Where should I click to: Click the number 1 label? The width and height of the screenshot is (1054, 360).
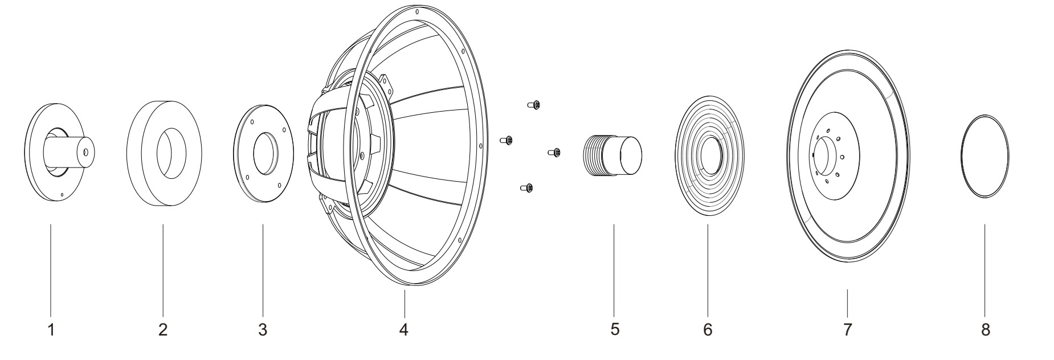tap(51, 329)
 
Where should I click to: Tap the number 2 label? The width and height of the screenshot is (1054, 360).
tap(163, 329)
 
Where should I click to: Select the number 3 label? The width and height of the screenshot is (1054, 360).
tap(263, 329)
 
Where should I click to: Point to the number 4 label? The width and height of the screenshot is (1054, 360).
tap(404, 329)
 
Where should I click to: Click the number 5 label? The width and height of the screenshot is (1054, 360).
tap(614, 329)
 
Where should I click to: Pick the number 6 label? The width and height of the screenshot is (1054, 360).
tap(708, 329)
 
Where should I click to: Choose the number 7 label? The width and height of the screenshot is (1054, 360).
tap(847, 329)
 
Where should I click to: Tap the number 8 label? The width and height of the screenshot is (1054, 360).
tap(986, 329)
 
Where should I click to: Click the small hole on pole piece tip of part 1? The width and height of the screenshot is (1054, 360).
tap(85, 153)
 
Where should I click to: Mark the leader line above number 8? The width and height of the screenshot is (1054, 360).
tap(984, 268)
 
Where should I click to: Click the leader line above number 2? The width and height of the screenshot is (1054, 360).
tap(163, 268)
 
